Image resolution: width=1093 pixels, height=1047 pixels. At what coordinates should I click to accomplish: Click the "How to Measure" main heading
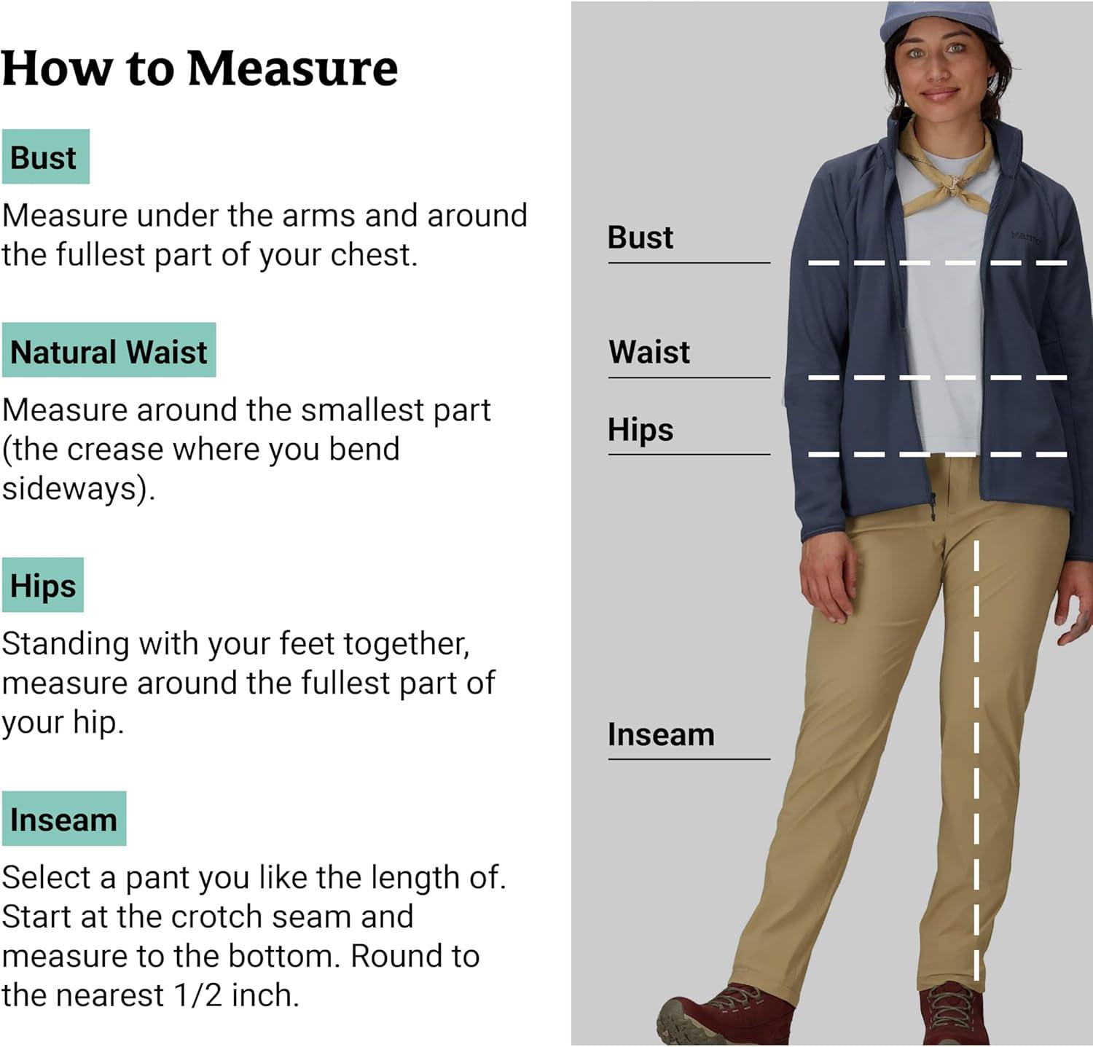click(200, 69)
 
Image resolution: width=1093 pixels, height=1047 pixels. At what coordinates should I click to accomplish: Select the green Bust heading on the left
click(46, 157)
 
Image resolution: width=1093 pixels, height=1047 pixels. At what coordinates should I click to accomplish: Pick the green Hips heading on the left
click(43, 585)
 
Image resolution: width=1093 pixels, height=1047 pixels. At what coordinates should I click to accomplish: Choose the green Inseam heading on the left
click(64, 819)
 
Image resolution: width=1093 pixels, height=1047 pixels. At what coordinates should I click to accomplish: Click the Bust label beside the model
click(640, 238)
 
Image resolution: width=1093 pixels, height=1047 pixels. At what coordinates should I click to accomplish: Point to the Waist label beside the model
click(649, 352)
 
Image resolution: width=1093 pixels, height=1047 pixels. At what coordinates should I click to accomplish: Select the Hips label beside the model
click(640, 429)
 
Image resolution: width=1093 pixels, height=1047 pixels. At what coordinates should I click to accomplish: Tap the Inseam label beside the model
click(661, 734)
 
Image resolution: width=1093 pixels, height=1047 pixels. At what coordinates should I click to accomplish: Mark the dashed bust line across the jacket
click(938, 262)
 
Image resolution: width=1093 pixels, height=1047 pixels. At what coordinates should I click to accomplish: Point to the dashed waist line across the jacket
click(938, 377)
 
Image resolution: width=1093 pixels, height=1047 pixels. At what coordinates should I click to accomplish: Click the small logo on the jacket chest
click(1027, 237)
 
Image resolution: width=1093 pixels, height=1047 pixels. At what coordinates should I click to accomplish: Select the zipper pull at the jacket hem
click(933, 506)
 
